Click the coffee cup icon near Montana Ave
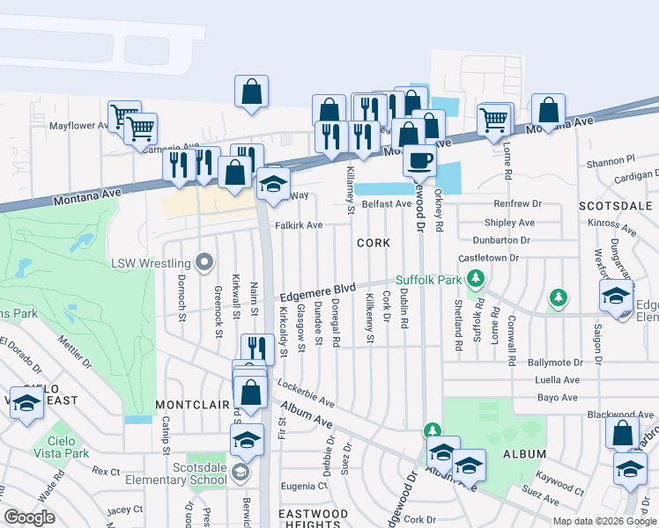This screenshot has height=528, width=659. pos(419,160)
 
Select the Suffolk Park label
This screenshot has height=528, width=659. pos(428,280)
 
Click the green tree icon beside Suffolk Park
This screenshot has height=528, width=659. pos(477,280)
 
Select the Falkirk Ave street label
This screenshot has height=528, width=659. pos(299,225)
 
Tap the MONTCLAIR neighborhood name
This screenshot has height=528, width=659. pos(186,404)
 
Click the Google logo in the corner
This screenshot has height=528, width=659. pos(29,517)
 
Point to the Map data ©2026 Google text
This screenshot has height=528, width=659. pos(603,521)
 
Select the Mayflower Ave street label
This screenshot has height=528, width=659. pos(78,126)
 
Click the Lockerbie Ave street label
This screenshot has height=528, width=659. pos(306,393)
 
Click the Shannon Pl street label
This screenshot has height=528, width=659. pos(611,162)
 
